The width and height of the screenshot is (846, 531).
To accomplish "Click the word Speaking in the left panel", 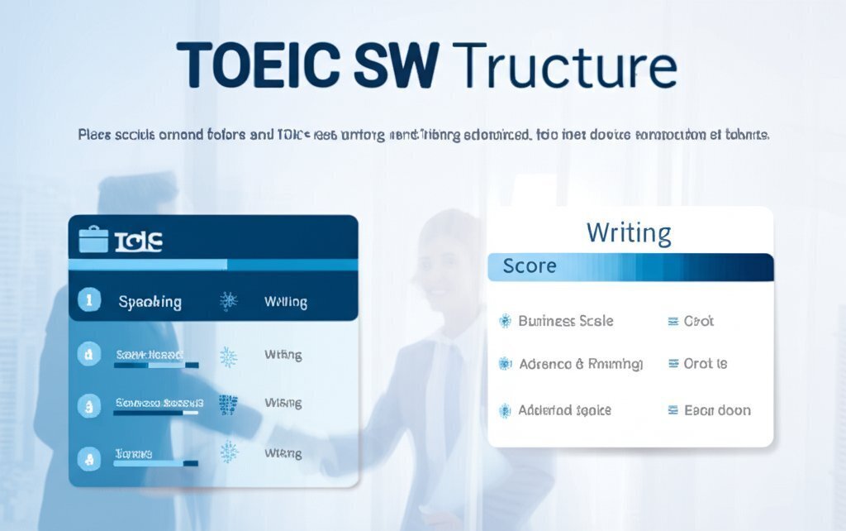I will [x=150, y=302].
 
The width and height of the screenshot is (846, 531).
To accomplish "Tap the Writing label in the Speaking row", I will [x=285, y=303].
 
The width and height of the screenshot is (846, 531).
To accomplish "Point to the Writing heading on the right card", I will [x=629, y=232].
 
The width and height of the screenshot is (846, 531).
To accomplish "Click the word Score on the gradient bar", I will [x=530, y=267].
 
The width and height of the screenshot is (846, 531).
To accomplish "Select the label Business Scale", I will [x=565, y=321].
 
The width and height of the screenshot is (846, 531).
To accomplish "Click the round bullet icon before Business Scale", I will [x=505, y=321].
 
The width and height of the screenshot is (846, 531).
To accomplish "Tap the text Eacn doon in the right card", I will [x=717, y=409].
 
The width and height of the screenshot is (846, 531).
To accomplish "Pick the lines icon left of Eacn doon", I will [x=673, y=409].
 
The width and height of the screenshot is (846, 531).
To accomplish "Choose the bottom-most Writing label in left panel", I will [x=283, y=453].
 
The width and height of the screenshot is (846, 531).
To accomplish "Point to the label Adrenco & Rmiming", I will [x=580, y=364].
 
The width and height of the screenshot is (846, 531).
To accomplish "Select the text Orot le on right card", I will [x=706, y=364].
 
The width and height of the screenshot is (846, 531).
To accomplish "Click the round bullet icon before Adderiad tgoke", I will [x=505, y=409].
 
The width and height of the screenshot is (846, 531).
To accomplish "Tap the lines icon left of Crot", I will [x=673, y=321].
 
